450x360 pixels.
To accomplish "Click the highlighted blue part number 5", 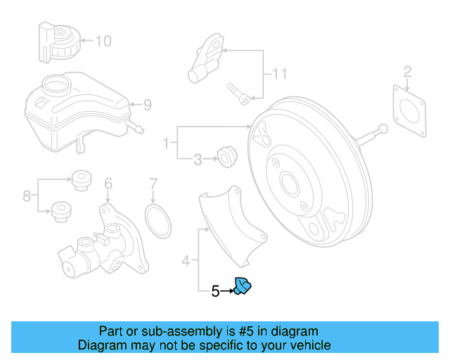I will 243,286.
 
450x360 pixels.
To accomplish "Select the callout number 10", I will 103,41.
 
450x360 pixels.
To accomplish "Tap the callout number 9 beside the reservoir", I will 147,105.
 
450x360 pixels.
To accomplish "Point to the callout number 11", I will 281,74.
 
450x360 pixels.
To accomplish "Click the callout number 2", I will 407,70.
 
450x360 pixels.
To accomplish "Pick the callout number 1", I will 166,144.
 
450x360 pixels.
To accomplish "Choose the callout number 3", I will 197,160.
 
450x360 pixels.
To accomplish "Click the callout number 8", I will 27,196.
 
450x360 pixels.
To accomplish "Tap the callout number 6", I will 108,184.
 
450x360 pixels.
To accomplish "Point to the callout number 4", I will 186,262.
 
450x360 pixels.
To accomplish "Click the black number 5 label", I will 216,290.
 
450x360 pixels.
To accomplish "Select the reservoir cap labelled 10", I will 59,41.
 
